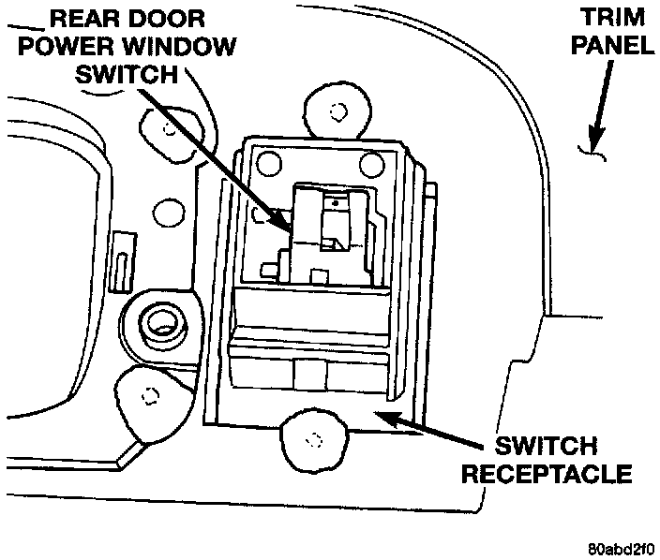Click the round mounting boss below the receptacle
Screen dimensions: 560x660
coord(313,437)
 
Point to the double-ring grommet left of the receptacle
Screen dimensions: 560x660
coord(160,324)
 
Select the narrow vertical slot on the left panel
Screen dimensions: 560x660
coord(121,270)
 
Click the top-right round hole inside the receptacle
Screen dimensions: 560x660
coord(370,165)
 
